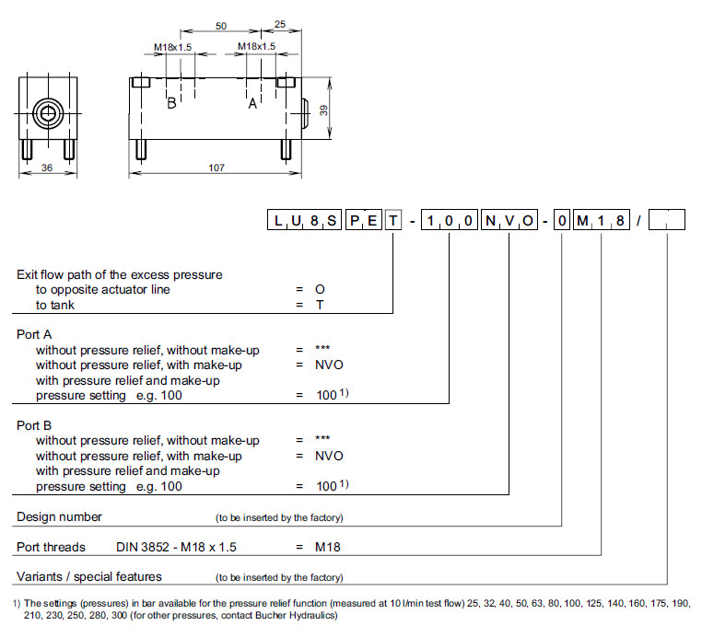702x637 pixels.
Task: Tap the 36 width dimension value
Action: [46, 168]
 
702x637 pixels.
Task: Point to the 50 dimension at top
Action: [221, 28]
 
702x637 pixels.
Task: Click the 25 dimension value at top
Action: [279, 28]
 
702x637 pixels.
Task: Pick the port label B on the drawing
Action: [171, 103]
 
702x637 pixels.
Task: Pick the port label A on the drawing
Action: [252, 103]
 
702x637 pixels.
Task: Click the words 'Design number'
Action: [59, 516]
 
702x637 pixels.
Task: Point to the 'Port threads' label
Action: [51, 547]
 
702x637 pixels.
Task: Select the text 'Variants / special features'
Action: [89, 576]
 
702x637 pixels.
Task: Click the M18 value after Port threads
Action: [329, 547]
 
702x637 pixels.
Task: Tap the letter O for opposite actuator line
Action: [320, 289]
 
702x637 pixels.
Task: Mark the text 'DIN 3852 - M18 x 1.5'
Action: [176, 547]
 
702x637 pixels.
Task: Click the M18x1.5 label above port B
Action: [173, 46]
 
